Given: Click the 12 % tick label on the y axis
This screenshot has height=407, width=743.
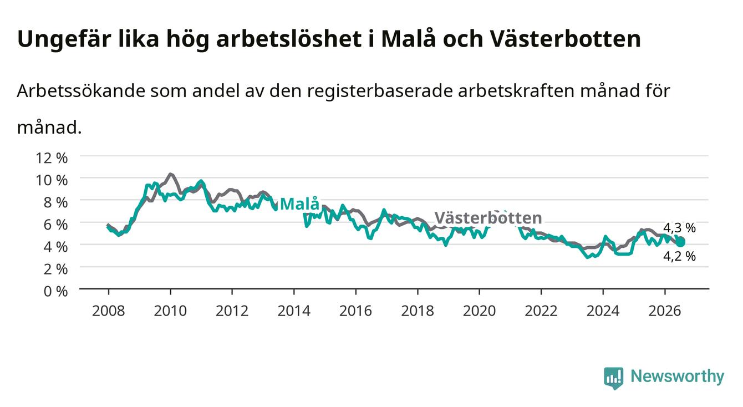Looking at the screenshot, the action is [52, 158].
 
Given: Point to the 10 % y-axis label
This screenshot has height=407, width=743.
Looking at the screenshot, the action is [52, 180].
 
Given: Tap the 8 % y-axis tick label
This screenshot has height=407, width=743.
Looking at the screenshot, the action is [55, 202].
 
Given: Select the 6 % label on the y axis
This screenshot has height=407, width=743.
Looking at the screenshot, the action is [55, 225].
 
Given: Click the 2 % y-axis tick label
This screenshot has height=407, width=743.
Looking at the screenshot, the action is [55, 269].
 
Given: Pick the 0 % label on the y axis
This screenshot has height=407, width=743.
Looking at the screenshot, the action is [55, 291].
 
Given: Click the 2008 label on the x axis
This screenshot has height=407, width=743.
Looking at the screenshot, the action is [109, 311].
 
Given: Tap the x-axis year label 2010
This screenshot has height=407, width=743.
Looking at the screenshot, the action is [170, 311].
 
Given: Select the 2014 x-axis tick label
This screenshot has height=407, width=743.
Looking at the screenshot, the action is [294, 311].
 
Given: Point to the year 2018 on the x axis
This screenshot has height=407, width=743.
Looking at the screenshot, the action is [418, 311].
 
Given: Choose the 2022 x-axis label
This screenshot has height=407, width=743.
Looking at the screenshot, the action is [541, 311].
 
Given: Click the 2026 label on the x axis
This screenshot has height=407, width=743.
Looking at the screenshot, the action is [665, 311].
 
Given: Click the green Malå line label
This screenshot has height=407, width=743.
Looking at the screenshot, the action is [300, 203].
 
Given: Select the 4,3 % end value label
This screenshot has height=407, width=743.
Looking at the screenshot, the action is [679, 228].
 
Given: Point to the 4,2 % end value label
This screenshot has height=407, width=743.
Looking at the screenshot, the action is [679, 256].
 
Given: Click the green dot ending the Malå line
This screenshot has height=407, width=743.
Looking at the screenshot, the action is [681, 242].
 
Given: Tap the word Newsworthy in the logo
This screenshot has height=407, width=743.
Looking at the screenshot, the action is [678, 377].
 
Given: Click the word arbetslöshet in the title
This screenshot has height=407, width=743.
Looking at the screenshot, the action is [288, 39].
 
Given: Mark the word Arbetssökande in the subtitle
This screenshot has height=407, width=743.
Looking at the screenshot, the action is [81, 90].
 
